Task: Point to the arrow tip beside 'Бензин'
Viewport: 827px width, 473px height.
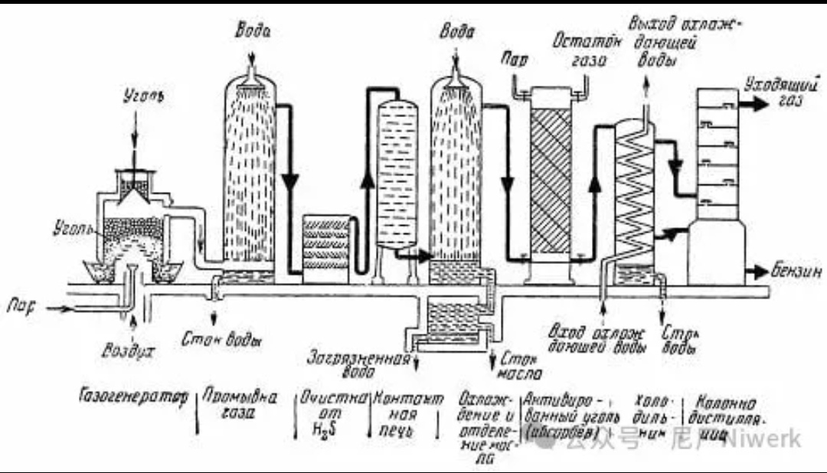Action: [767, 271]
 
